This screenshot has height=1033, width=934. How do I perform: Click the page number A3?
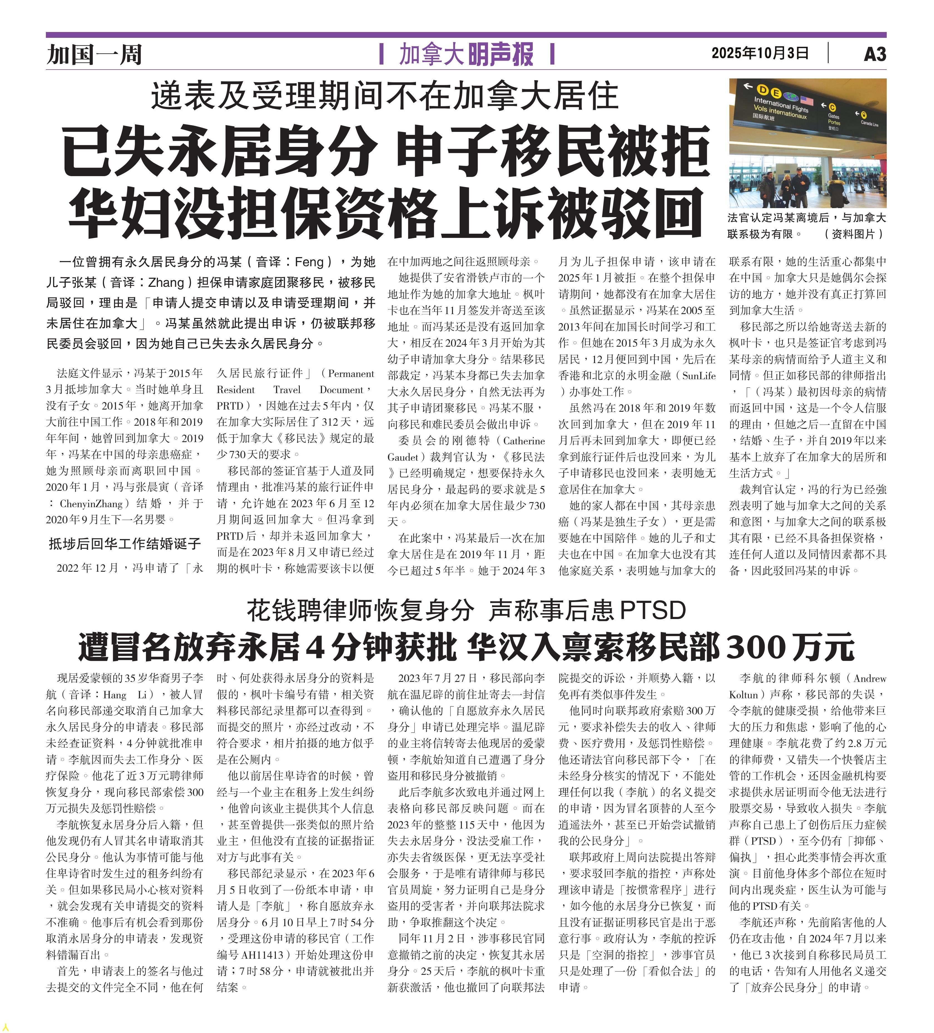pos(874,54)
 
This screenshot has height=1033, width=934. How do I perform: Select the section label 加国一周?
pos(94,54)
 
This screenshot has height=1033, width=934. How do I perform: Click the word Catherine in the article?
pos(524,441)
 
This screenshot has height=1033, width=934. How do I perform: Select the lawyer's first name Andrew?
pos(869,678)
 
